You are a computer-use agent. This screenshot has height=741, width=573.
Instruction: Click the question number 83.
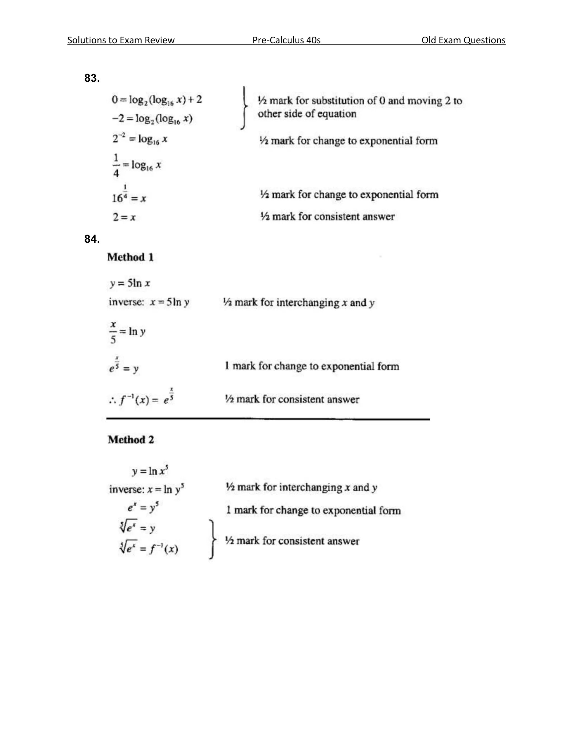tap(92, 78)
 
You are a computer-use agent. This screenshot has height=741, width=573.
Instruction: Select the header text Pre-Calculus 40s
tap(286, 40)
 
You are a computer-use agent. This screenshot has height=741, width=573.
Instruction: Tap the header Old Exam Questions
tap(463, 40)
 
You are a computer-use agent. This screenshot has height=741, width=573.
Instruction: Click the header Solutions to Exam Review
tap(121, 40)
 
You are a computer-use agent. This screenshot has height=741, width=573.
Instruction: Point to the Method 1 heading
tap(130, 258)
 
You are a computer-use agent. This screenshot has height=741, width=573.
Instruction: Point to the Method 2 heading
tap(131, 440)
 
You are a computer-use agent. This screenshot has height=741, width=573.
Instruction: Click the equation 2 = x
tap(124, 217)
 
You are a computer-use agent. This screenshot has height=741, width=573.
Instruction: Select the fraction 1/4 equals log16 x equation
tap(137, 166)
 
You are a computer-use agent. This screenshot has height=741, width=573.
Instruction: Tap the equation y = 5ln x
tap(130, 283)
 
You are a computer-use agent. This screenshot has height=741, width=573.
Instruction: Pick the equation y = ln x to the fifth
tap(150, 471)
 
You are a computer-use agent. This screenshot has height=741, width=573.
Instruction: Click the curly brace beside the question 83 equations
tap(244, 108)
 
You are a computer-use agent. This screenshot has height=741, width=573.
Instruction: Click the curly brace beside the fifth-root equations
tap(212, 539)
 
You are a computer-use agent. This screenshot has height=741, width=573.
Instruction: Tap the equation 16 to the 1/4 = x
tap(129, 197)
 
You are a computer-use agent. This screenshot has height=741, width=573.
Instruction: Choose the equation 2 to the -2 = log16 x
tap(140, 139)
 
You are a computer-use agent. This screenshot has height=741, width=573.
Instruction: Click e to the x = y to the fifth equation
tap(143, 508)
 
